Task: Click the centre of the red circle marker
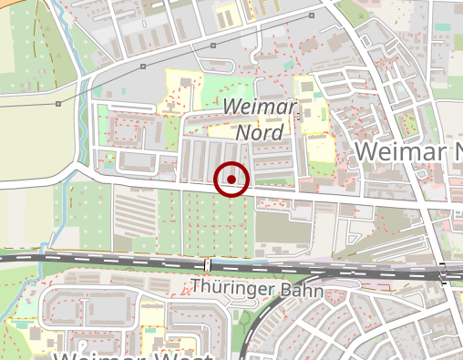point(231,179)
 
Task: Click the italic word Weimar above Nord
point(261,108)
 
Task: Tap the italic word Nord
point(260,133)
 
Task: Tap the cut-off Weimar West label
point(132,355)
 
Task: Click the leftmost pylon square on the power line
point(58,104)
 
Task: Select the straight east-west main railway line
point(109,261)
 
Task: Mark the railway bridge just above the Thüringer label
point(208,264)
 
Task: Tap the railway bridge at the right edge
point(444,273)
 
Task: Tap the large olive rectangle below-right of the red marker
point(283,226)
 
